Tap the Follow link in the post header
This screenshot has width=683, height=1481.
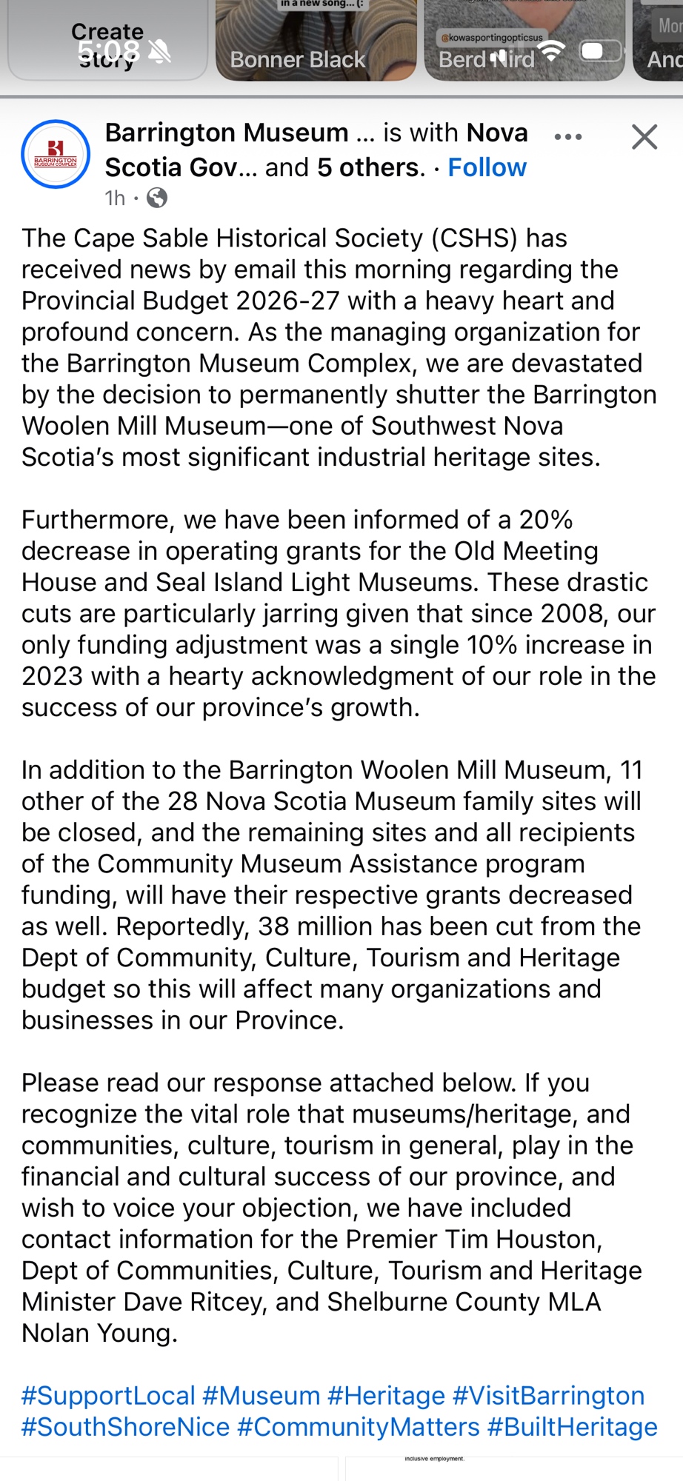487,167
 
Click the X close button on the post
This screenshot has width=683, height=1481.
644,137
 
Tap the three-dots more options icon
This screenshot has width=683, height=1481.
568,137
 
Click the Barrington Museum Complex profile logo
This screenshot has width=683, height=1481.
56,154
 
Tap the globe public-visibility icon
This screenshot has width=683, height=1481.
157,198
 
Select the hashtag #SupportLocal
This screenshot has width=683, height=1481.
108,1395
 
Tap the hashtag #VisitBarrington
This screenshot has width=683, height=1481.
548,1395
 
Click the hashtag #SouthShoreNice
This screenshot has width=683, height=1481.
125,1427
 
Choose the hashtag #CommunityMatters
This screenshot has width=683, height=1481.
358,1427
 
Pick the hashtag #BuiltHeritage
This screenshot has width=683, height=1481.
572,1427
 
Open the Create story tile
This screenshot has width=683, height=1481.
107,40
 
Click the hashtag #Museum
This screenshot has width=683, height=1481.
261,1395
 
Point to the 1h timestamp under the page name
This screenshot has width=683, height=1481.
115,198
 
